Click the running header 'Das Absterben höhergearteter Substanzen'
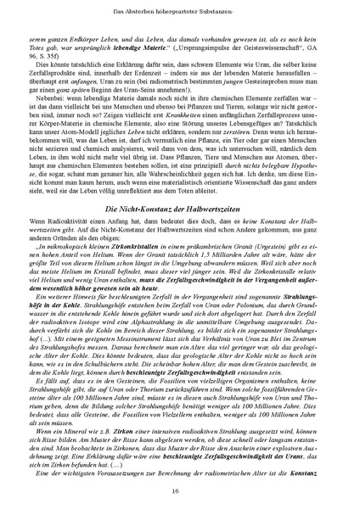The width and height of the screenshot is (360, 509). click(179, 8)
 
